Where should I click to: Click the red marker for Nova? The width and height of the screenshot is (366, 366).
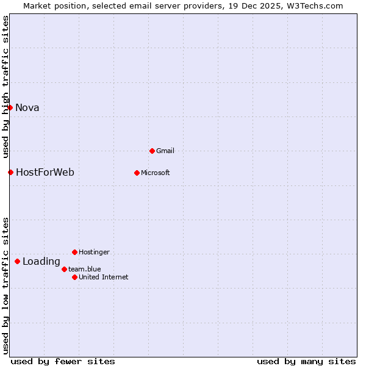coord(10,107)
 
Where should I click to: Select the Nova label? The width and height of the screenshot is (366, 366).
coord(27,108)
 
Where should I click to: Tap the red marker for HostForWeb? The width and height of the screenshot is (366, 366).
coord(10,172)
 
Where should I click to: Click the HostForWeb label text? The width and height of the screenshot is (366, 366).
coord(45,173)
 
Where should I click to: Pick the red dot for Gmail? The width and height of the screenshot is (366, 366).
coord(152,151)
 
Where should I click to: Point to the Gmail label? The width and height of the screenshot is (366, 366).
coord(165,151)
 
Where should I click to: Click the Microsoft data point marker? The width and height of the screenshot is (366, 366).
coord(137,173)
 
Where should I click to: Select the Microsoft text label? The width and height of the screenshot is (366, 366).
coord(155,173)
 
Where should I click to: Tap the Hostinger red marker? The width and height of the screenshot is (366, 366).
coord(74,252)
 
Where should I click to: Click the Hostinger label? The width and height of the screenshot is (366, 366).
coord(94,253)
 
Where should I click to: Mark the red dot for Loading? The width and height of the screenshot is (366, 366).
coord(17,261)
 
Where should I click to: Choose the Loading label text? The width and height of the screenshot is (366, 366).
coord(41,262)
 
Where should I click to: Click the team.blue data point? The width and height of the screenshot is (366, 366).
coord(64,269)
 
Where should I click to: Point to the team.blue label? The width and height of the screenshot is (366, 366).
coord(84,270)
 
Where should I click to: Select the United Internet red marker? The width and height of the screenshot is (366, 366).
coord(74,277)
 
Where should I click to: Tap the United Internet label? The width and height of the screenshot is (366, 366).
coord(103,278)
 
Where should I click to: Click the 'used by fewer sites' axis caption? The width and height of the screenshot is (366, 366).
coord(63,361)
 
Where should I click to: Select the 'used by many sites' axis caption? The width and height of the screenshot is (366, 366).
coord(306,361)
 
